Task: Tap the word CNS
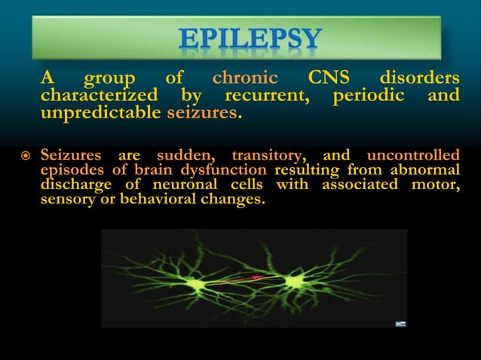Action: tap(328, 78)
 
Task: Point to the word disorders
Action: tap(419, 78)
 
